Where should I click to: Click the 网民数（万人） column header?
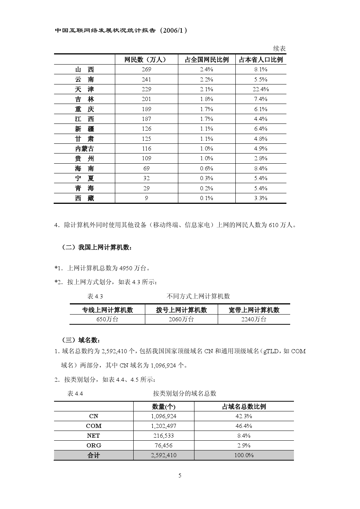point(146,60)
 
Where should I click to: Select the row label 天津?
point(84,89)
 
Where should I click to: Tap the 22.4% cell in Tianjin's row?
point(261,89)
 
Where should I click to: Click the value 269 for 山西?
point(146,69)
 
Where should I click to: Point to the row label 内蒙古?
point(84,149)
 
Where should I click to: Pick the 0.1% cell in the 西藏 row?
point(206,198)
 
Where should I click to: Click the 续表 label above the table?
point(279,49)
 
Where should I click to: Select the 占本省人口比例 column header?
point(261,60)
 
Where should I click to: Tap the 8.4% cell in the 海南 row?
point(261,169)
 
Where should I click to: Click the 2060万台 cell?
point(181,319)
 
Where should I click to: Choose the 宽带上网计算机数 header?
point(254,310)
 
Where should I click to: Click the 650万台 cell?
point(107,319)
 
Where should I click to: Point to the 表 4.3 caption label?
point(95,296)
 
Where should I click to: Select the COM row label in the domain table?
point(93,426)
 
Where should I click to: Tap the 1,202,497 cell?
point(164,426)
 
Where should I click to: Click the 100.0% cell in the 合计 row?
point(244,455)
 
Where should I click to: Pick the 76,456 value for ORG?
point(164,446)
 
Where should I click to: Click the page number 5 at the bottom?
point(180,476)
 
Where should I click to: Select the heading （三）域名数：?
point(81,340)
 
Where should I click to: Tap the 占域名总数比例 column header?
point(244,407)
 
